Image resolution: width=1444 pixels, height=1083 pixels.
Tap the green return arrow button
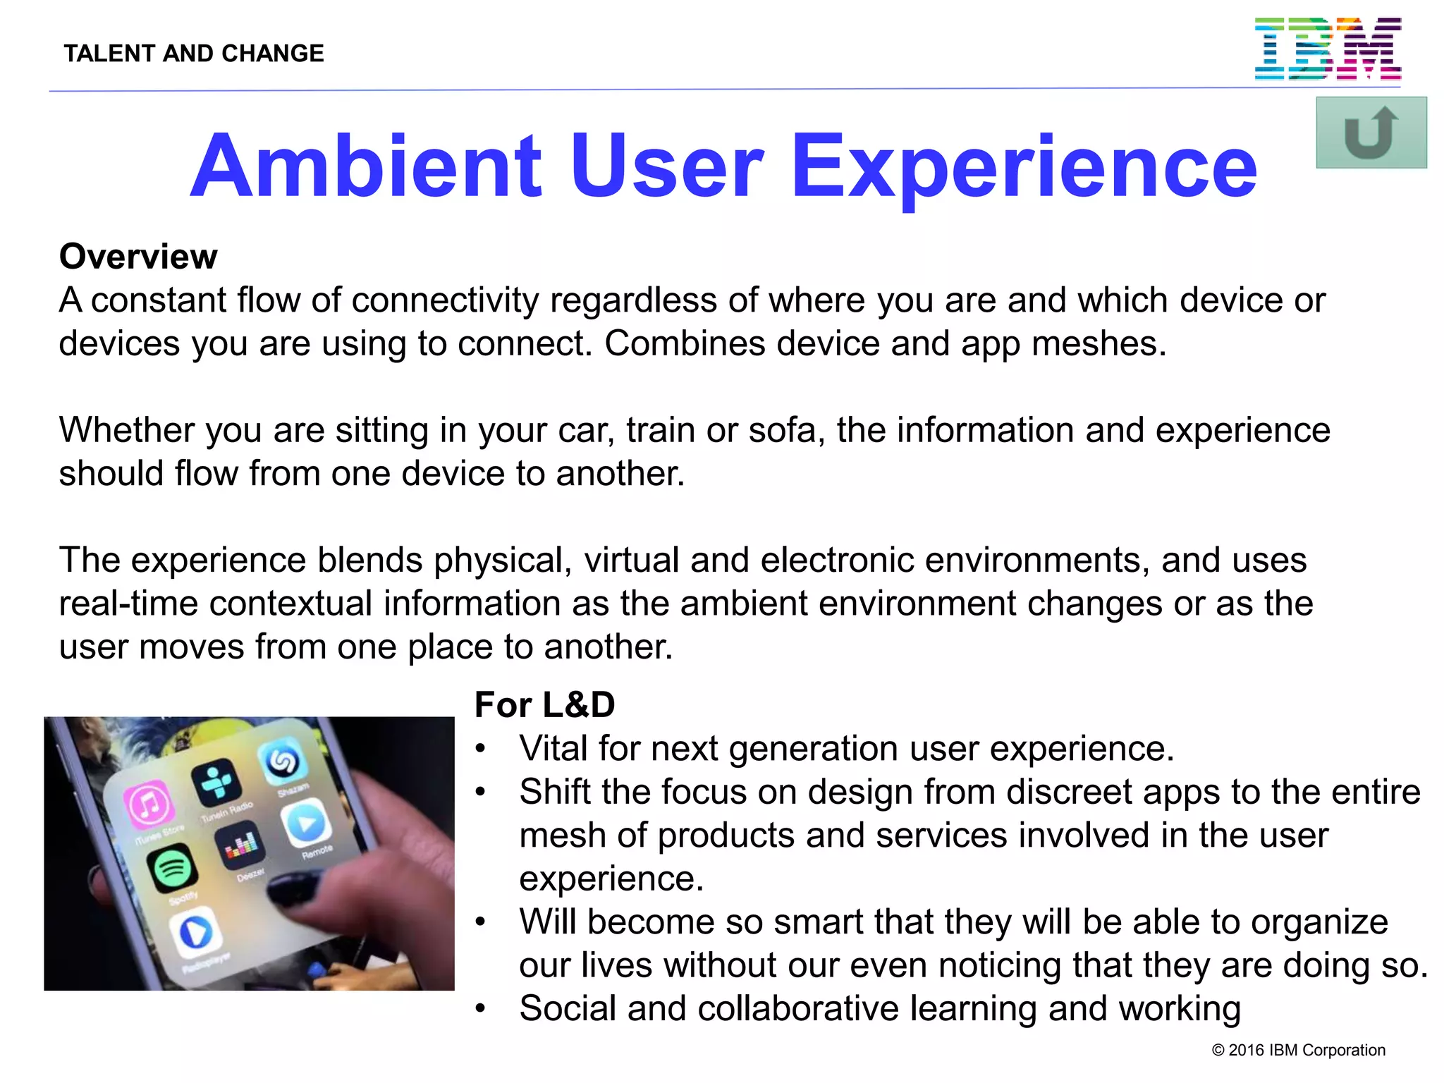pos(1371,133)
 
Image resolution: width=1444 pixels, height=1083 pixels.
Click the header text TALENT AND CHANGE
pos(194,54)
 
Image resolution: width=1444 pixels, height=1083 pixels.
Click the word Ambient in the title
pos(366,167)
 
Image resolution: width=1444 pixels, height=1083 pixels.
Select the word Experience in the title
pos(1024,167)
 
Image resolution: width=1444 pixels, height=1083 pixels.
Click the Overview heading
pos(138,257)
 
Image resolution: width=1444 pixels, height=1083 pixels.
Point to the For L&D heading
pos(544,705)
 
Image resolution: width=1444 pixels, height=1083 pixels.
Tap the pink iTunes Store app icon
pos(149,804)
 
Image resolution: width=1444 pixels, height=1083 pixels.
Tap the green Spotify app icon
pos(173,867)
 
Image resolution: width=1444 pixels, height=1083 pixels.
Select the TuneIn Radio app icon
pos(215,783)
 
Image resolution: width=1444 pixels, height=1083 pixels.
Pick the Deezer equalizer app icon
pos(241,843)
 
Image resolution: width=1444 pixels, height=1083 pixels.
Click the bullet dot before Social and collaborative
pos(480,1009)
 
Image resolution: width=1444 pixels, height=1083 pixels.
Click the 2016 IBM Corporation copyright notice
pos(1298,1051)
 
